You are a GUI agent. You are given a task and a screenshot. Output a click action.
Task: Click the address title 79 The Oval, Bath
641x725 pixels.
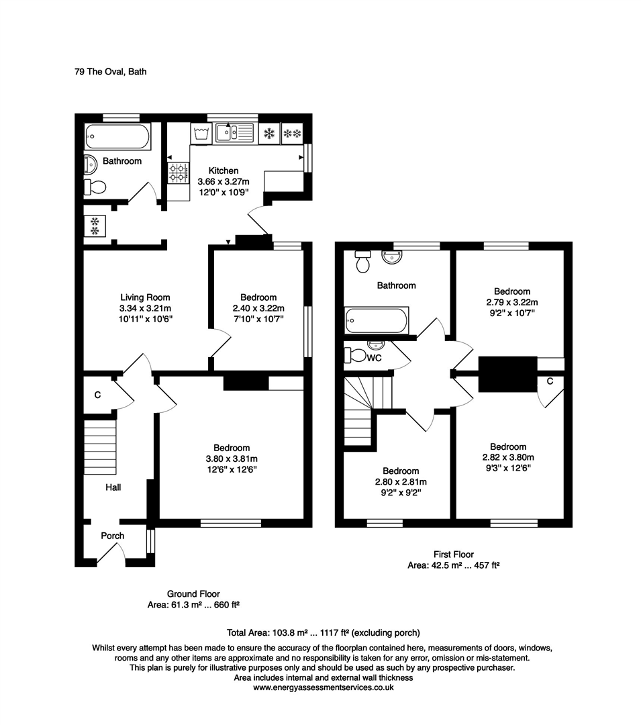coord(110,71)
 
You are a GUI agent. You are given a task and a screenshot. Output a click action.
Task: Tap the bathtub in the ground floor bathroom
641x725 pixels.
coord(117,137)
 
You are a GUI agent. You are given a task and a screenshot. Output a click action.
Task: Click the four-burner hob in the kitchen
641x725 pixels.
coord(178,173)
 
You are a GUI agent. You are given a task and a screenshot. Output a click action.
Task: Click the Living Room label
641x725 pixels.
coord(145,297)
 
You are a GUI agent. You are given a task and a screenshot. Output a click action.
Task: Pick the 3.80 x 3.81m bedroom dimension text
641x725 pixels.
coord(232,458)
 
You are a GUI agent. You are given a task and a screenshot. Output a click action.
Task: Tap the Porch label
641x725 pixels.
coord(112,536)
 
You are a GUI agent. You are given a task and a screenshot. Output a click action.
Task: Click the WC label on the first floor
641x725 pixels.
coord(375,358)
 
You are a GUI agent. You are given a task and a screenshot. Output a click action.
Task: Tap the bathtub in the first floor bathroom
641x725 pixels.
coord(375,321)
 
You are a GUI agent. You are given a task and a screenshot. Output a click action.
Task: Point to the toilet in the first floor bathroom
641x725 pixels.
coord(363,261)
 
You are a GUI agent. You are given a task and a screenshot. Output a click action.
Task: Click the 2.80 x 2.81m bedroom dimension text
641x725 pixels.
coord(401,482)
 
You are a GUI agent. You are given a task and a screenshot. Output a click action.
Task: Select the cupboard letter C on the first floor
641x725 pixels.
coord(549,382)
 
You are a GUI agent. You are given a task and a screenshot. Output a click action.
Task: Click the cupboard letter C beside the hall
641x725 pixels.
coord(97,395)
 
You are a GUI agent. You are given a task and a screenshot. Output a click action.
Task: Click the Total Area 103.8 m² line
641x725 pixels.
coord(324,632)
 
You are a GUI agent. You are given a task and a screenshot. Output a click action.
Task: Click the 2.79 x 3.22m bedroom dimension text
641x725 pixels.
coord(512,302)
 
